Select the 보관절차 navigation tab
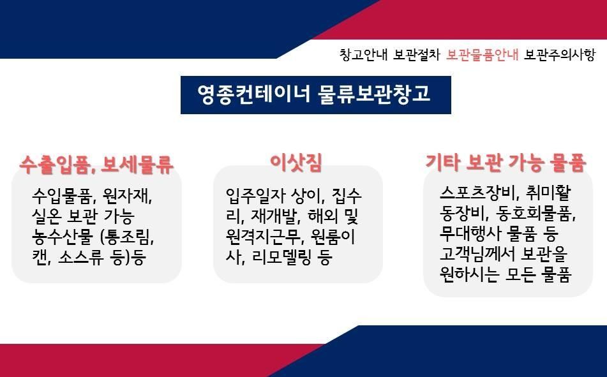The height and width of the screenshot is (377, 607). [x=417, y=55]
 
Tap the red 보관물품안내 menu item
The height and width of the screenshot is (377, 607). [x=482, y=55]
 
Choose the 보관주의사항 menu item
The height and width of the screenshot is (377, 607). [x=560, y=55]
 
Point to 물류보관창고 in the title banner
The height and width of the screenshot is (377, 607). [x=374, y=94]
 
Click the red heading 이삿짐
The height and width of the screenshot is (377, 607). [x=296, y=163]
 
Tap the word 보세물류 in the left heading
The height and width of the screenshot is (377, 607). [x=137, y=165]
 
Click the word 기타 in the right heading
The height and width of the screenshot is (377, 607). [x=442, y=163]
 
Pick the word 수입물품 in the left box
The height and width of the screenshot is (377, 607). [x=62, y=196]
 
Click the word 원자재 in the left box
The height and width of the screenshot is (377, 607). [x=126, y=196]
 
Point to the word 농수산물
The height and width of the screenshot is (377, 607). [x=63, y=237]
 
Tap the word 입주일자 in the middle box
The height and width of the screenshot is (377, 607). [x=255, y=196]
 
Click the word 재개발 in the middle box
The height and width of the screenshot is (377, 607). [x=274, y=216]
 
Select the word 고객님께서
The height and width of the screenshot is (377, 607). [x=477, y=254]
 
